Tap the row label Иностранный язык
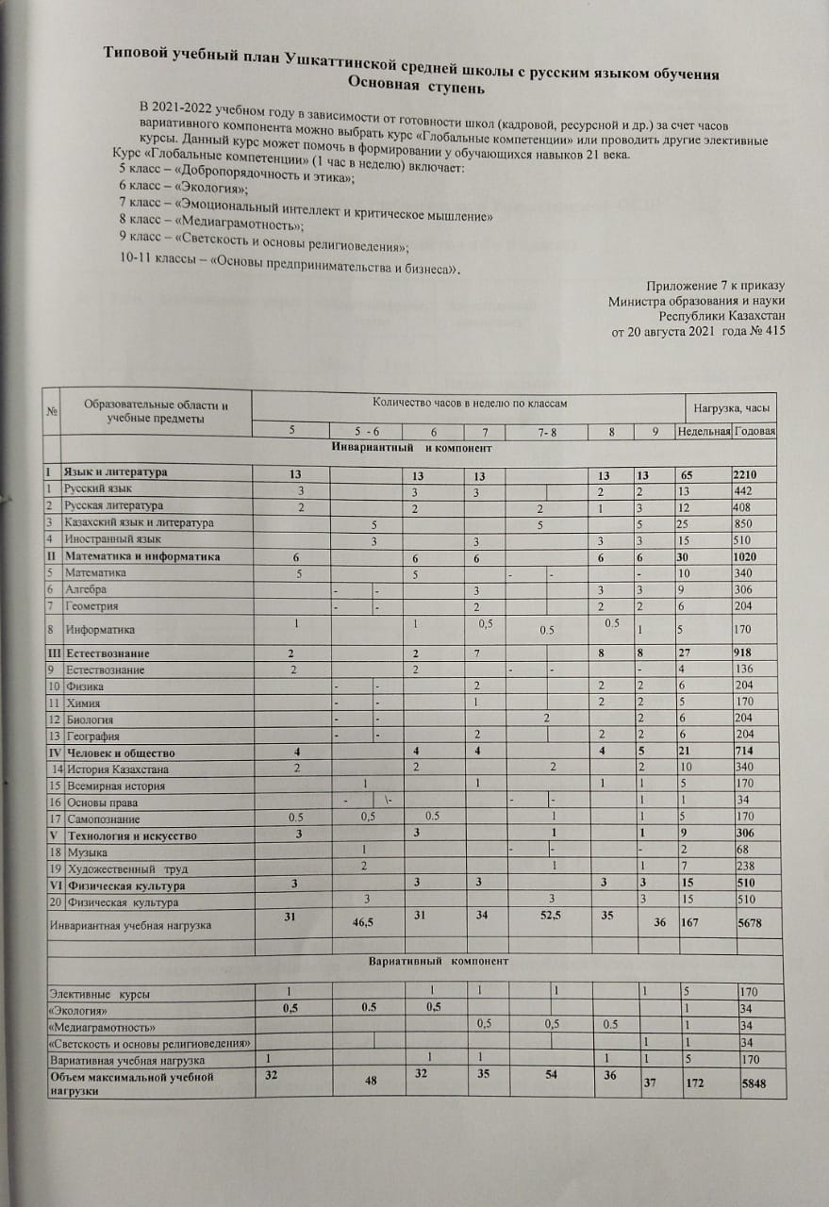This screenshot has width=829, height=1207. (x=102, y=539)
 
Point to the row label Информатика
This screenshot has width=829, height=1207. (x=96, y=629)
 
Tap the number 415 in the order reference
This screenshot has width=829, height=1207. (x=771, y=331)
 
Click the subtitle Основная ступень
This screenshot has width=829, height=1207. (x=416, y=89)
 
